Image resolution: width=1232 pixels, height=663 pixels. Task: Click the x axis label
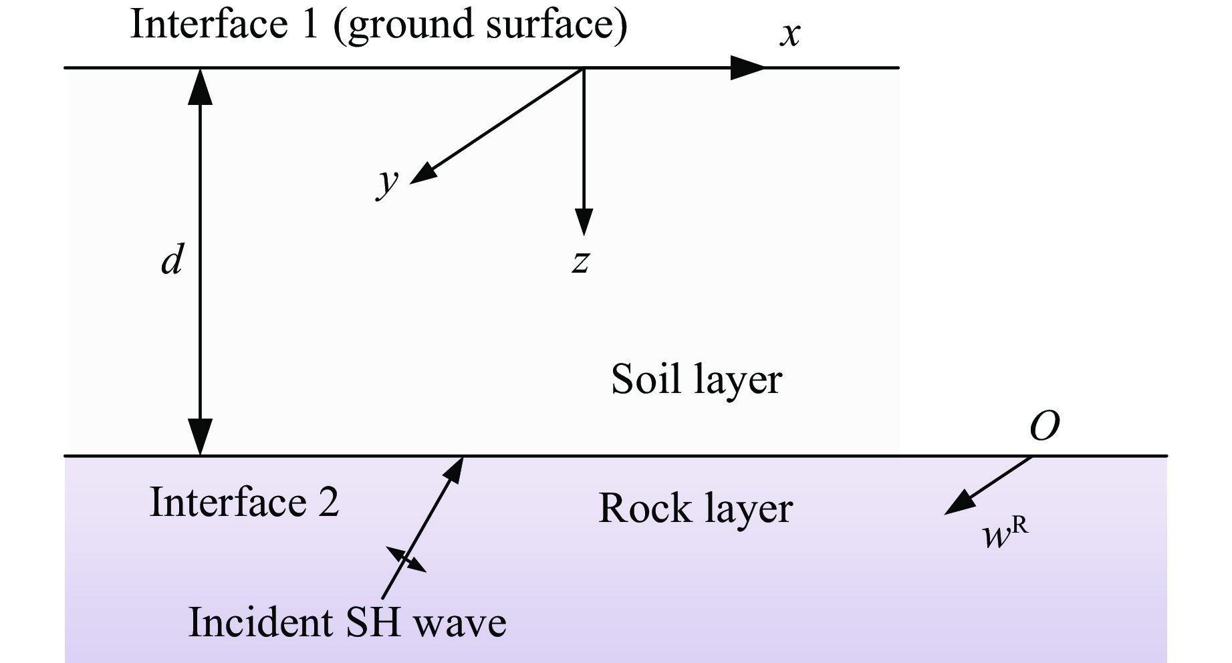(x=789, y=34)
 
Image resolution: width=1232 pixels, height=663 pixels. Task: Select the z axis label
(x=580, y=261)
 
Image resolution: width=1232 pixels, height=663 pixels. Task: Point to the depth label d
(x=172, y=259)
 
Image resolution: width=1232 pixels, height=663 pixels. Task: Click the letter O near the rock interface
(x=1044, y=425)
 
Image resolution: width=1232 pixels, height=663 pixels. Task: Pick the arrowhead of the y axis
(x=421, y=174)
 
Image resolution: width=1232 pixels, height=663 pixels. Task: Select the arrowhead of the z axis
(x=584, y=222)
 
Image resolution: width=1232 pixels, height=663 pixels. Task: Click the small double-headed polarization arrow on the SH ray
(x=406, y=559)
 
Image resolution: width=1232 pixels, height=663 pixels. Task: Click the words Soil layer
(x=696, y=380)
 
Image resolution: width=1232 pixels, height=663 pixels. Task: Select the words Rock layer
(x=695, y=509)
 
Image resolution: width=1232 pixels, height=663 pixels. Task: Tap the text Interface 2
(x=244, y=502)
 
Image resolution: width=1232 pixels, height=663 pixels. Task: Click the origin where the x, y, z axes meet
(x=584, y=68)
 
